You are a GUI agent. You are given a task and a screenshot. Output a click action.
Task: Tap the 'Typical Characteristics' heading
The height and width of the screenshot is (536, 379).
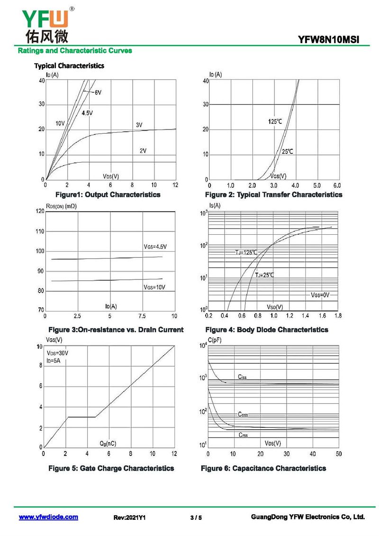coord(69,65)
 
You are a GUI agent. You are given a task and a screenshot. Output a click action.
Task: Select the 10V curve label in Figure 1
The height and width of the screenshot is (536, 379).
coord(60,123)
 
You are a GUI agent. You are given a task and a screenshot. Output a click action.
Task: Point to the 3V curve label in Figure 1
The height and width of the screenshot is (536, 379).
coord(139,125)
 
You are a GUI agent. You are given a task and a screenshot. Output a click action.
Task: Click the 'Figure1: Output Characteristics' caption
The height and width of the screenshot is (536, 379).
coord(108,194)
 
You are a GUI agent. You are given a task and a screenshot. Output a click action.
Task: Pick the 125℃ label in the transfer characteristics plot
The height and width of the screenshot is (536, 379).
coord(275,122)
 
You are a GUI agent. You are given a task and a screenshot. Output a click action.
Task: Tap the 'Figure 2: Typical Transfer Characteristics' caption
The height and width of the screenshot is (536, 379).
coord(273,194)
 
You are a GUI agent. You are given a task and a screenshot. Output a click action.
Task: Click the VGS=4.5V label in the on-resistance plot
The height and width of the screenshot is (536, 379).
coord(155,247)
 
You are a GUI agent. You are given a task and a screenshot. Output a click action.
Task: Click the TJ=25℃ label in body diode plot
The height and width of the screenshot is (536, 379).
coord(265,275)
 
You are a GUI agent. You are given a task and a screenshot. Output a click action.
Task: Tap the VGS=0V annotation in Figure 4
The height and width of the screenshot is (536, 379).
coord(320,295)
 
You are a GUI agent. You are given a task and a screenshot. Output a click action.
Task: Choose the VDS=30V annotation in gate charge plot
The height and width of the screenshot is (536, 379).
coord(57,353)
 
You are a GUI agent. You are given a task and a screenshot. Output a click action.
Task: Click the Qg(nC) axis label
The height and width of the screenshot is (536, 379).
coord(108,444)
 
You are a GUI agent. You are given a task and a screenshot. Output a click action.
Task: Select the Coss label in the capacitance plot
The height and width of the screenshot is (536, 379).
coord(243,414)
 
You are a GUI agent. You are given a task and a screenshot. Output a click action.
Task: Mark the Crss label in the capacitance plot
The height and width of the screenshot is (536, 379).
coord(243,434)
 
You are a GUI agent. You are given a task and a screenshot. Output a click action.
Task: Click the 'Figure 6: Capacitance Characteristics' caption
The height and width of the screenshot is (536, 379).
coord(263,468)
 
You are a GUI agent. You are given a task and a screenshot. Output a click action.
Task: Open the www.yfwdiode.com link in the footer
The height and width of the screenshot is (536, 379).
coord(48,517)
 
